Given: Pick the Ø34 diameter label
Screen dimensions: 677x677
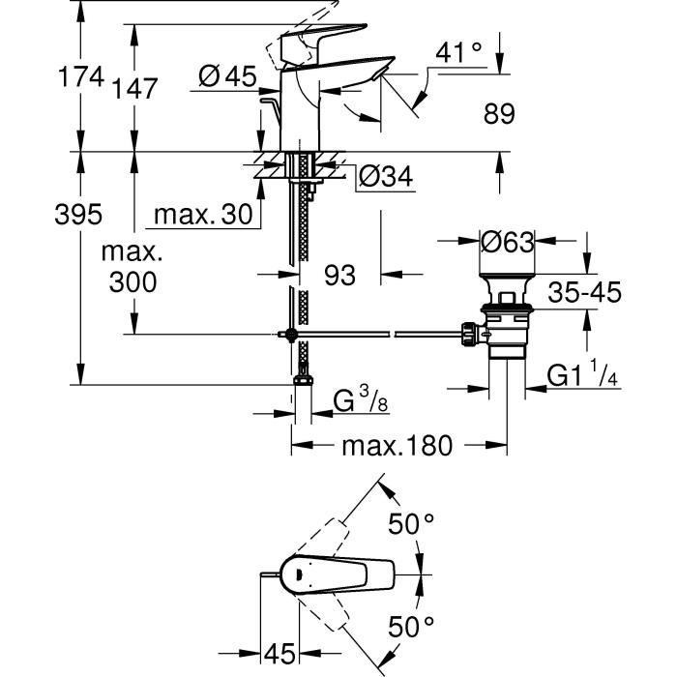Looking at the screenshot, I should [385, 177].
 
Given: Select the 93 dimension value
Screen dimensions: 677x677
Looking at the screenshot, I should [339, 276].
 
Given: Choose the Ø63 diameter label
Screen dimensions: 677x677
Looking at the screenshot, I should [507, 243].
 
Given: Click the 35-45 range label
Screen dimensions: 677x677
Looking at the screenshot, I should [583, 292].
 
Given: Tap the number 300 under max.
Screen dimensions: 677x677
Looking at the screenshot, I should [132, 283].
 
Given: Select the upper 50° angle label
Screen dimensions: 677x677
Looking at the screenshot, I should [412, 525].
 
